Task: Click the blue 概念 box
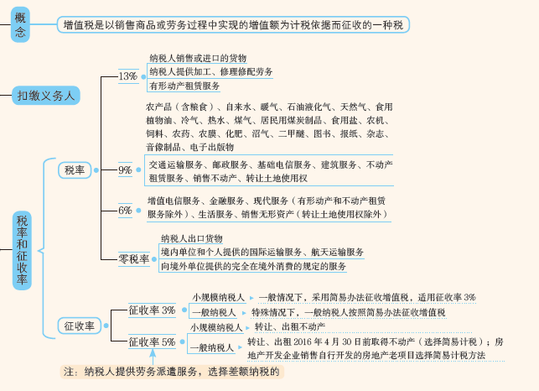pyautogui.click(x=20, y=25)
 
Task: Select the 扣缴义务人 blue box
pyautogui.click(x=46, y=96)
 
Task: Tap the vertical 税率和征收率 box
pyautogui.click(x=22, y=251)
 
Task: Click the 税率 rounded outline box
pyautogui.click(x=75, y=170)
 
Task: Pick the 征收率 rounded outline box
pyautogui.click(x=79, y=326)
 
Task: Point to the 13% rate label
pyautogui.click(x=128, y=76)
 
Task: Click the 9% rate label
pyautogui.click(x=125, y=170)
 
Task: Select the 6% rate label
pyautogui.click(x=125, y=211)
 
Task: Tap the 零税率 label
pyautogui.click(x=134, y=258)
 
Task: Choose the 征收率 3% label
pyautogui.click(x=152, y=310)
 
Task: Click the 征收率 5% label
pyautogui.click(x=152, y=342)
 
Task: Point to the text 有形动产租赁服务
pyautogui.click(x=184, y=86)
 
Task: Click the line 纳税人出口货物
pyautogui.click(x=191, y=238)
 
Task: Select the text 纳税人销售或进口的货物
pyautogui.click(x=198, y=58)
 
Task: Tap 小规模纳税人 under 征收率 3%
pyautogui.click(x=218, y=297)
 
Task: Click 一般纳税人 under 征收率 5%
pyautogui.click(x=212, y=348)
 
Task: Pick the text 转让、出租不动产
pyautogui.click(x=290, y=326)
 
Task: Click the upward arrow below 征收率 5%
pyautogui.click(x=153, y=357)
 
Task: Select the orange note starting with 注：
pyautogui.click(x=172, y=372)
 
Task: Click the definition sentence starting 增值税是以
pyautogui.click(x=233, y=25)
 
